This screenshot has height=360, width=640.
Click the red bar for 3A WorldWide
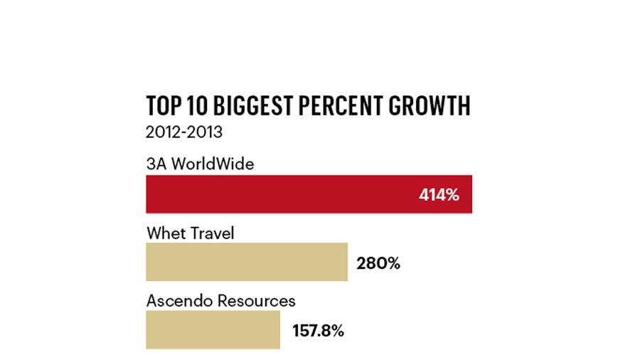[309, 194]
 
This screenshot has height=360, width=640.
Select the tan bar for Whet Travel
[247, 262]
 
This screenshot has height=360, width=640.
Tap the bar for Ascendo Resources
[213, 330]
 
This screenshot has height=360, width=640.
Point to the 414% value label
[439, 195]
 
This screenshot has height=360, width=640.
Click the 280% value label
[378, 263]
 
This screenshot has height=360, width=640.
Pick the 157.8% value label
[318, 331]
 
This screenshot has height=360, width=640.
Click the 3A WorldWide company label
[200, 164]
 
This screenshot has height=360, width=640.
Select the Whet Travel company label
[190, 233]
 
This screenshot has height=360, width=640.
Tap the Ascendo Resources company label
[221, 301]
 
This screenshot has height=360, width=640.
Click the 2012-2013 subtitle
[184, 132]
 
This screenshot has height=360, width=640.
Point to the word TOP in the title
[164, 106]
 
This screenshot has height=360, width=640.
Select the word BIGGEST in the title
[253, 106]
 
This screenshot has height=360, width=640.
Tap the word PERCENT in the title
[341, 106]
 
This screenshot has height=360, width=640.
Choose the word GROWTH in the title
[430, 106]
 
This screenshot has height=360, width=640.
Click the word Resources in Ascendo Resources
[256, 301]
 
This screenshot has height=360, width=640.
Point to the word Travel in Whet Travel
[213, 233]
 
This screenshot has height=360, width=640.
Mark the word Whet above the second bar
[166, 233]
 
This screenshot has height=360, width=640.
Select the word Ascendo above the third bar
[180, 301]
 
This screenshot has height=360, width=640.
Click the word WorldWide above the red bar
[213, 164]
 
